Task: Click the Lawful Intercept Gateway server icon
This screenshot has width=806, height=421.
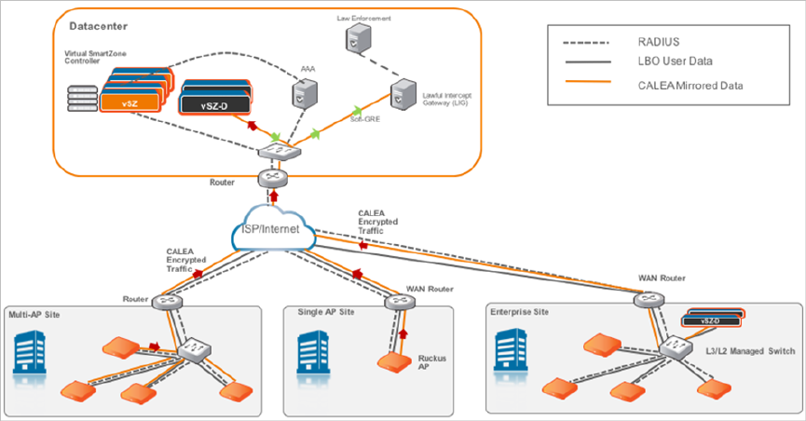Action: (403, 93)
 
